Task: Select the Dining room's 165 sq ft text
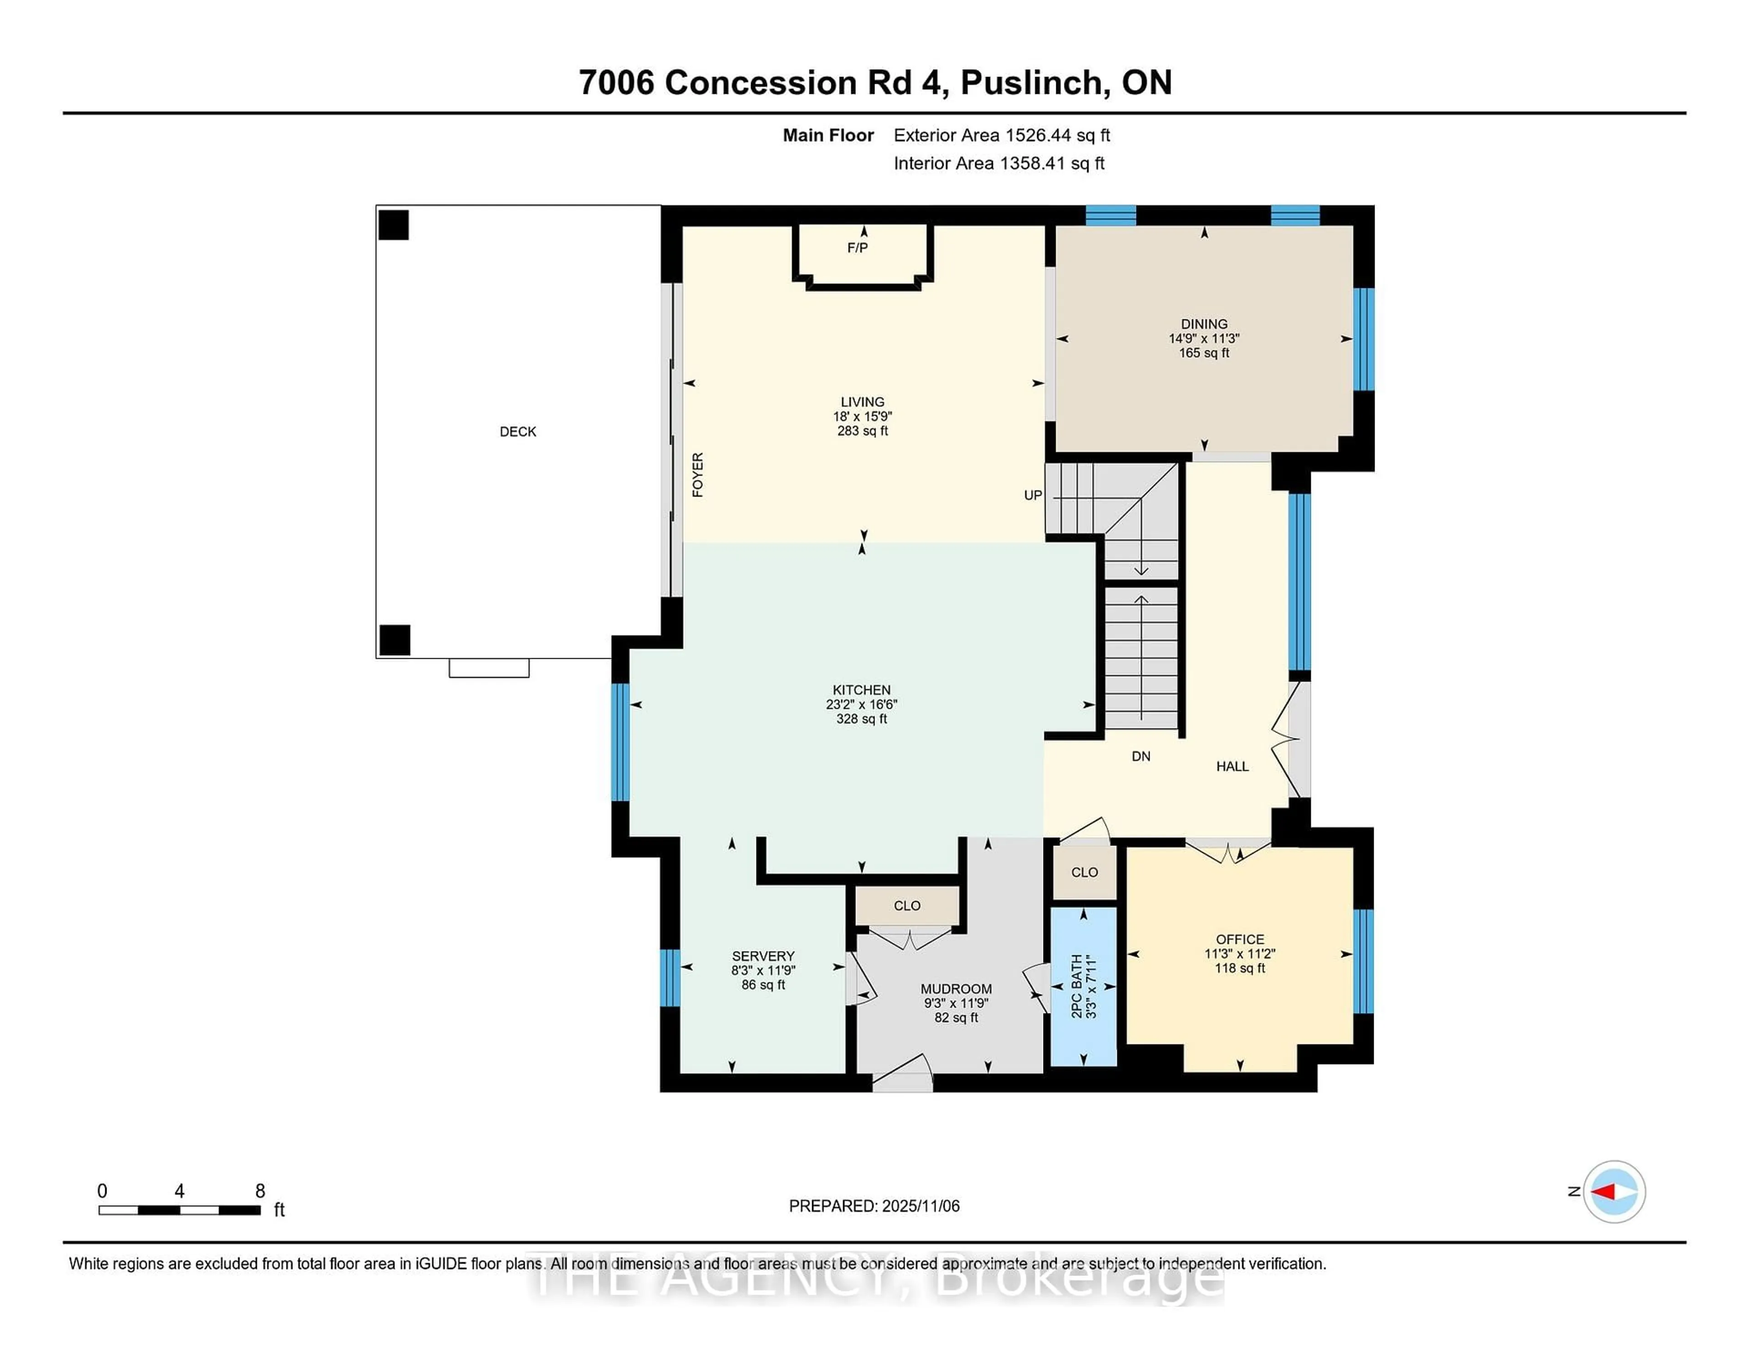(x=1204, y=353)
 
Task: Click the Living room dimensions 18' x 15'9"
(x=863, y=416)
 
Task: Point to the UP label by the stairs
(x=1032, y=496)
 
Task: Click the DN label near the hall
(x=1140, y=756)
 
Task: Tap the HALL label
(x=1232, y=767)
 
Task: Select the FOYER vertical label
(x=697, y=475)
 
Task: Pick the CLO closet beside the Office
(x=1084, y=872)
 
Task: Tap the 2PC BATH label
(x=1077, y=986)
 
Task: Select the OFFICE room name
(x=1240, y=939)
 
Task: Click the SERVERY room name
(x=762, y=956)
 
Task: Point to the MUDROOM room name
(x=956, y=989)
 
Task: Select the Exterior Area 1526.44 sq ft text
(x=1001, y=135)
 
